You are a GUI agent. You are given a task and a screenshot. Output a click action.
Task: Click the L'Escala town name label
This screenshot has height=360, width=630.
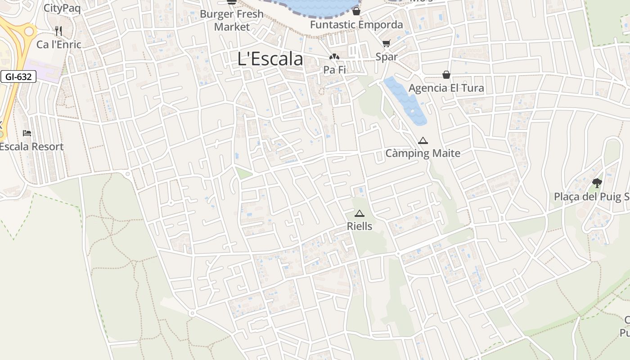270,59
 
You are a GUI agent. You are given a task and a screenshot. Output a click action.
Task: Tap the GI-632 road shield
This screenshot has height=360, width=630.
18,77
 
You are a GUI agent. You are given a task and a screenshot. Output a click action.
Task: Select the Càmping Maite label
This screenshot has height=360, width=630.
423,153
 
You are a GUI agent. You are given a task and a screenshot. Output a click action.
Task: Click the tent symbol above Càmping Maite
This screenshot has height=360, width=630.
423,141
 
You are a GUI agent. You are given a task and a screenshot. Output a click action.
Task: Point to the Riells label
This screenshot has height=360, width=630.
359,226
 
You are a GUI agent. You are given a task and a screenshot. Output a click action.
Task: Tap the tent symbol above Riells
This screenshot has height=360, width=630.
359,213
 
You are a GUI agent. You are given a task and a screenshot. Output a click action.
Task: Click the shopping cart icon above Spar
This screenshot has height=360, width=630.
386,44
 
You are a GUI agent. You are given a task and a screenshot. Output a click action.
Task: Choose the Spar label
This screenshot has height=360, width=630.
387,57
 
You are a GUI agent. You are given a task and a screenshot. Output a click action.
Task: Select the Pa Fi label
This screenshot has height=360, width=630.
334,70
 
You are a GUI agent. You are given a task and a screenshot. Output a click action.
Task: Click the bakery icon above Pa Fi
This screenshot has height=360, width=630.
334,57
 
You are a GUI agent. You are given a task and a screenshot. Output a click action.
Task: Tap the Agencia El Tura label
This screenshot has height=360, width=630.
446,88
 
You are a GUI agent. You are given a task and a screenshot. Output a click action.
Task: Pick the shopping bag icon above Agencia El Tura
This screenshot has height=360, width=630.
446,75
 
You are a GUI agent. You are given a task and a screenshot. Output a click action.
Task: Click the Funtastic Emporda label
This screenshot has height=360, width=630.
356,25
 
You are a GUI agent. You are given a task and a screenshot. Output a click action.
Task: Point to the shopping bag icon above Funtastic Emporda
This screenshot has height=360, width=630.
356,11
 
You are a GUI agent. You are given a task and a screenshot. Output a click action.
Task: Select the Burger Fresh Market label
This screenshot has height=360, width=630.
232,20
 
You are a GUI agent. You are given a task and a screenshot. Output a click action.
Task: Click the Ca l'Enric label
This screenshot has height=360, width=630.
59,45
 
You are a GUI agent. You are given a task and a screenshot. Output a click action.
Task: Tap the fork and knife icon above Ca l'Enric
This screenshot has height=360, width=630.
58,31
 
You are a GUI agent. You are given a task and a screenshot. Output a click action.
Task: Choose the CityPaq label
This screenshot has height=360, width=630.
62,8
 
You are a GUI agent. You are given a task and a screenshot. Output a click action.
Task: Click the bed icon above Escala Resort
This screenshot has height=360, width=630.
27,133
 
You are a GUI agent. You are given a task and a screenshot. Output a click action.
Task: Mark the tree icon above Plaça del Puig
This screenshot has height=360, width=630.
597,183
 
